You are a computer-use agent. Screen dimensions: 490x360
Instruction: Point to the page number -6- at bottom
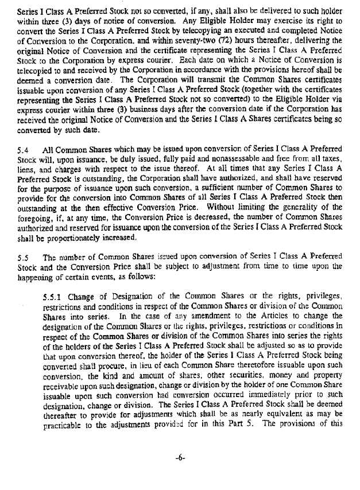click(180, 473)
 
